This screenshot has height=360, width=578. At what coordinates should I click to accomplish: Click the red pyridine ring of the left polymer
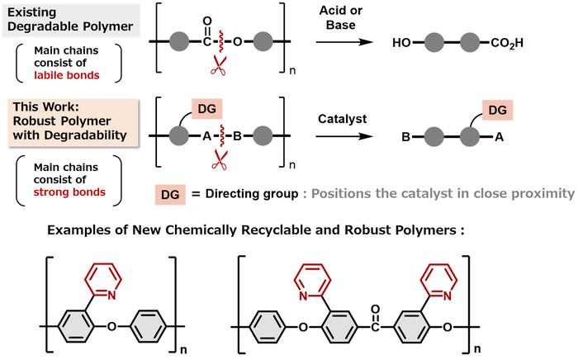107,276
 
